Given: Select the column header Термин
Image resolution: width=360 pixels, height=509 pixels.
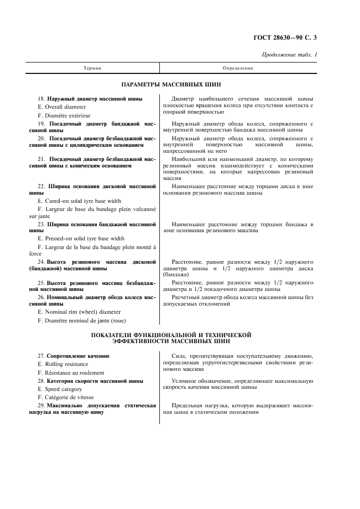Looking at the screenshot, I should click(x=93, y=69).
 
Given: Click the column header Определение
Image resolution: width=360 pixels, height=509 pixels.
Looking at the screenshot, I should click(x=238, y=69).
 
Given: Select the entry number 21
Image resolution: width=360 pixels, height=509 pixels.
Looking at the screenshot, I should click(x=41, y=159).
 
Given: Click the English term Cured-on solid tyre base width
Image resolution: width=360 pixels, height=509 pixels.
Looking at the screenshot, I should click(x=79, y=201).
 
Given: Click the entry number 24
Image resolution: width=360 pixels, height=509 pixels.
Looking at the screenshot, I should click(x=41, y=262).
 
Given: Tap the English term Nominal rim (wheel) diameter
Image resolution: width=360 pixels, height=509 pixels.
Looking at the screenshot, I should click(x=79, y=312).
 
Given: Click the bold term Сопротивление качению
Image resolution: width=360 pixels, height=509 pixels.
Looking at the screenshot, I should click(x=78, y=356).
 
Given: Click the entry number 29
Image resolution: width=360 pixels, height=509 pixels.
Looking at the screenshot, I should click(x=41, y=406).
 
